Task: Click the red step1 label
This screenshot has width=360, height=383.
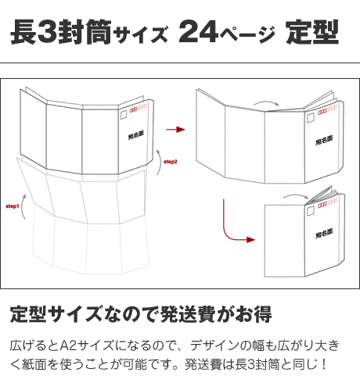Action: click(13, 206)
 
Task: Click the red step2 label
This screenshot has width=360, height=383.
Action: click(171, 162)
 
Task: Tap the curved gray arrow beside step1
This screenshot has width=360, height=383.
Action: click(23, 206)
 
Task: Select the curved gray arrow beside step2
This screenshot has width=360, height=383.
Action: click(159, 162)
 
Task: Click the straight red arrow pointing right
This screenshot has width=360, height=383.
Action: click(175, 129)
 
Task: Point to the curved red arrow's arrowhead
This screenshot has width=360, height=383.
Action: click(251, 240)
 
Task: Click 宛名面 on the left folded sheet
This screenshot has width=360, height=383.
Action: click(135, 135)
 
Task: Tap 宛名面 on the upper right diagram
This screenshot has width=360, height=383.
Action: click(324, 140)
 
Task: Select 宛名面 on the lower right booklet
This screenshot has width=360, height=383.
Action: click(324, 234)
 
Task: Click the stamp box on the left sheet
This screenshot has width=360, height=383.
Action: click(124, 114)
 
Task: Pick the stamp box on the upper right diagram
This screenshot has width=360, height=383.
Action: click(311, 118)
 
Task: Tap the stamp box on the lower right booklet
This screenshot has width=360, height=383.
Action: click(311, 211)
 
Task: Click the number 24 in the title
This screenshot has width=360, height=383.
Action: click(198, 31)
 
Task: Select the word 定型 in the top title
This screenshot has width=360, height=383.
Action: click(312, 32)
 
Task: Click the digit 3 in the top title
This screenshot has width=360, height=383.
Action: click(47, 31)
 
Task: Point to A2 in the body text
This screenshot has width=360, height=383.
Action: click(68, 345)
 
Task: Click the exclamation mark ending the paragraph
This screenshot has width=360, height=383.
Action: click(324, 364)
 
